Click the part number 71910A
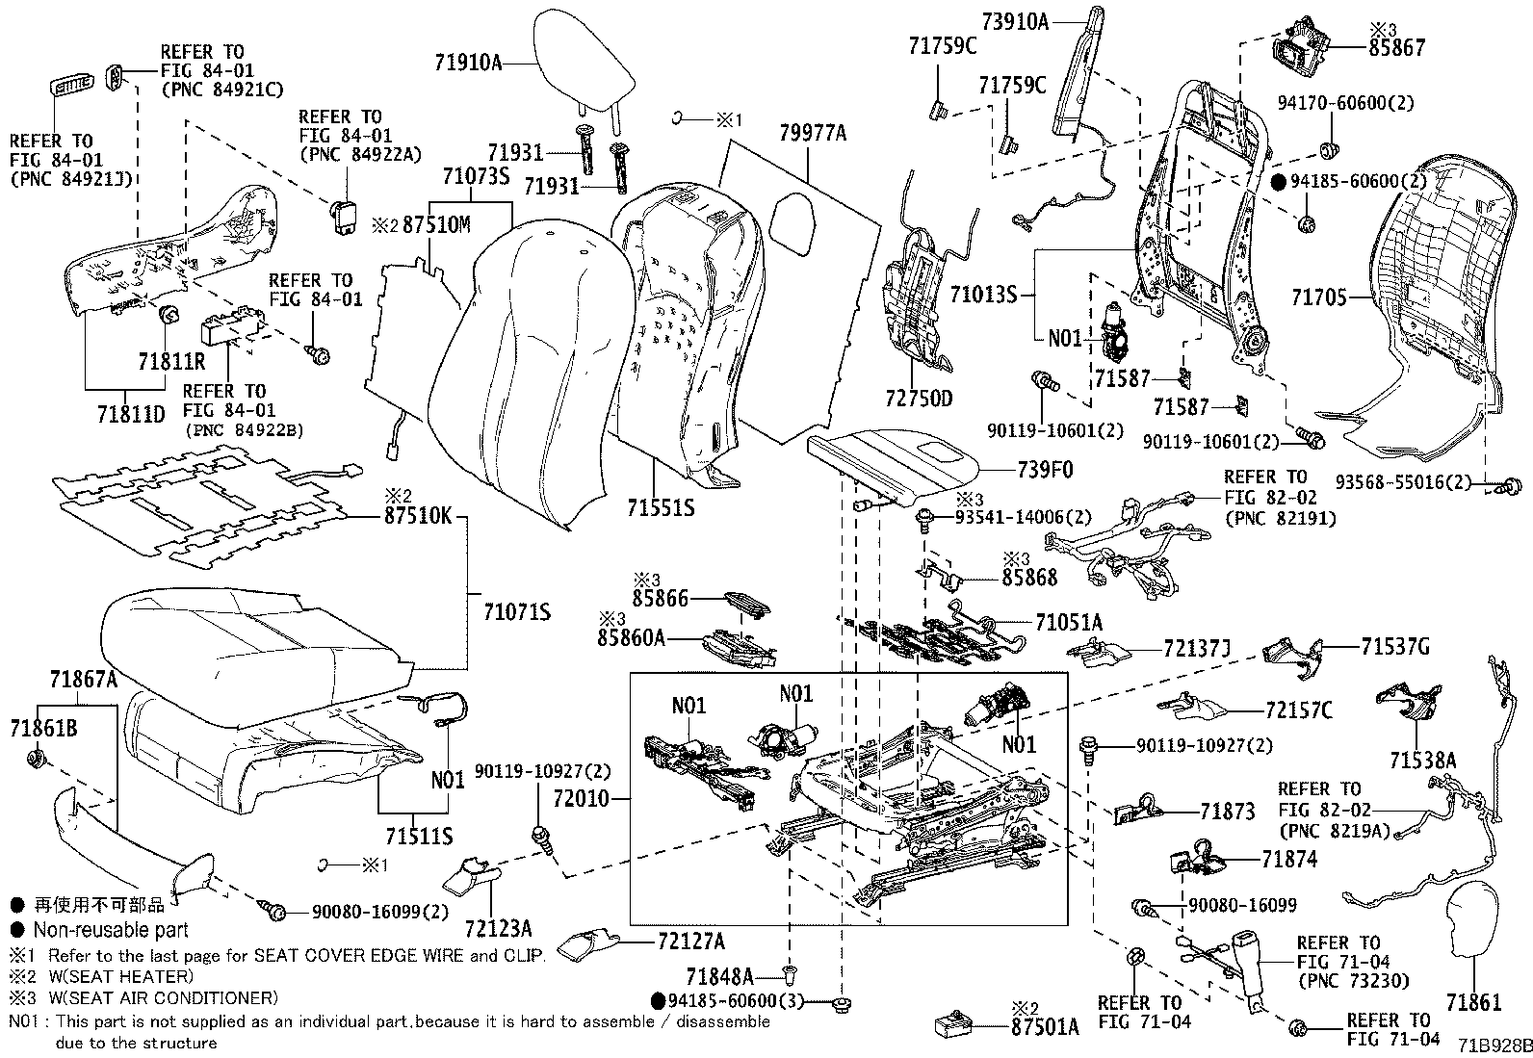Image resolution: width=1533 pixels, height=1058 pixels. pyautogui.click(x=468, y=63)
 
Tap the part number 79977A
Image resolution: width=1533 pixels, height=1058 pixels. pyautogui.click(x=813, y=134)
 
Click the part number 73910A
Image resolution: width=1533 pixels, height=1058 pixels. pyautogui.click(x=1015, y=20)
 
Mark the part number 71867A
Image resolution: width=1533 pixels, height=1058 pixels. pyautogui.click(x=84, y=680)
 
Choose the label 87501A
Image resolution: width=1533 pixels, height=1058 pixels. pyautogui.click(x=1044, y=1026)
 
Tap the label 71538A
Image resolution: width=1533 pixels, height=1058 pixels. pyautogui.click(x=1422, y=760)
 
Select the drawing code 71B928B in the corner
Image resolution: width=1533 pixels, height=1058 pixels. pyautogui.click(x=1494, y=1045)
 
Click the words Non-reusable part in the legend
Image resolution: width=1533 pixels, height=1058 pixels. pyautogui.click(x=111, y=930)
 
